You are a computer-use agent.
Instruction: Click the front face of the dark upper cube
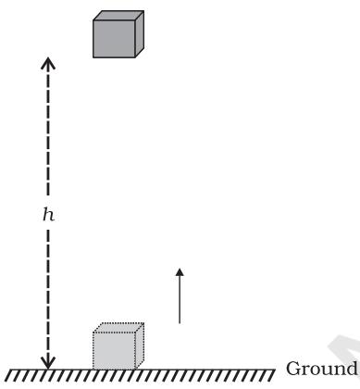click(x=114, y=39)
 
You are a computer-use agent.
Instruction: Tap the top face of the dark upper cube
click(x=118, y=16)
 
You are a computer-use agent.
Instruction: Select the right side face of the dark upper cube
click(x=140, y=34)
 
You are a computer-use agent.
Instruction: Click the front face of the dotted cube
click(x=114, y=350)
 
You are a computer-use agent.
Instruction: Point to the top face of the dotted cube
click(x=118, y=328)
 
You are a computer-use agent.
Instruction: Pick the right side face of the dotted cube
click(x=140, y=345)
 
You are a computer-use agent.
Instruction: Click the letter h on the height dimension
click(x=48, y=214)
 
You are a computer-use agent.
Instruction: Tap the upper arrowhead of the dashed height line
click(x=48, y=63)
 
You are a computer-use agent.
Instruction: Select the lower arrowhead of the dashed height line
click(x=48, y=363)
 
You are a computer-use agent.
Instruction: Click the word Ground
click(x=321, y=369)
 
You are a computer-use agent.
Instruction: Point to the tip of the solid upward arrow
click(x=180, y=269)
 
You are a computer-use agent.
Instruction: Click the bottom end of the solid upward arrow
click(x=180, y=323)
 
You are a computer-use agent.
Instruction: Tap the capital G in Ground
click(x=293, y=369)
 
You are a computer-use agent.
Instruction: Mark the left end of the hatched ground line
click(x=8, y=370)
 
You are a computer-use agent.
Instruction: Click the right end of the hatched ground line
click(x=275, y=370)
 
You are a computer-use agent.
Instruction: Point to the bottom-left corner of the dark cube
click(x=93, y=57)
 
